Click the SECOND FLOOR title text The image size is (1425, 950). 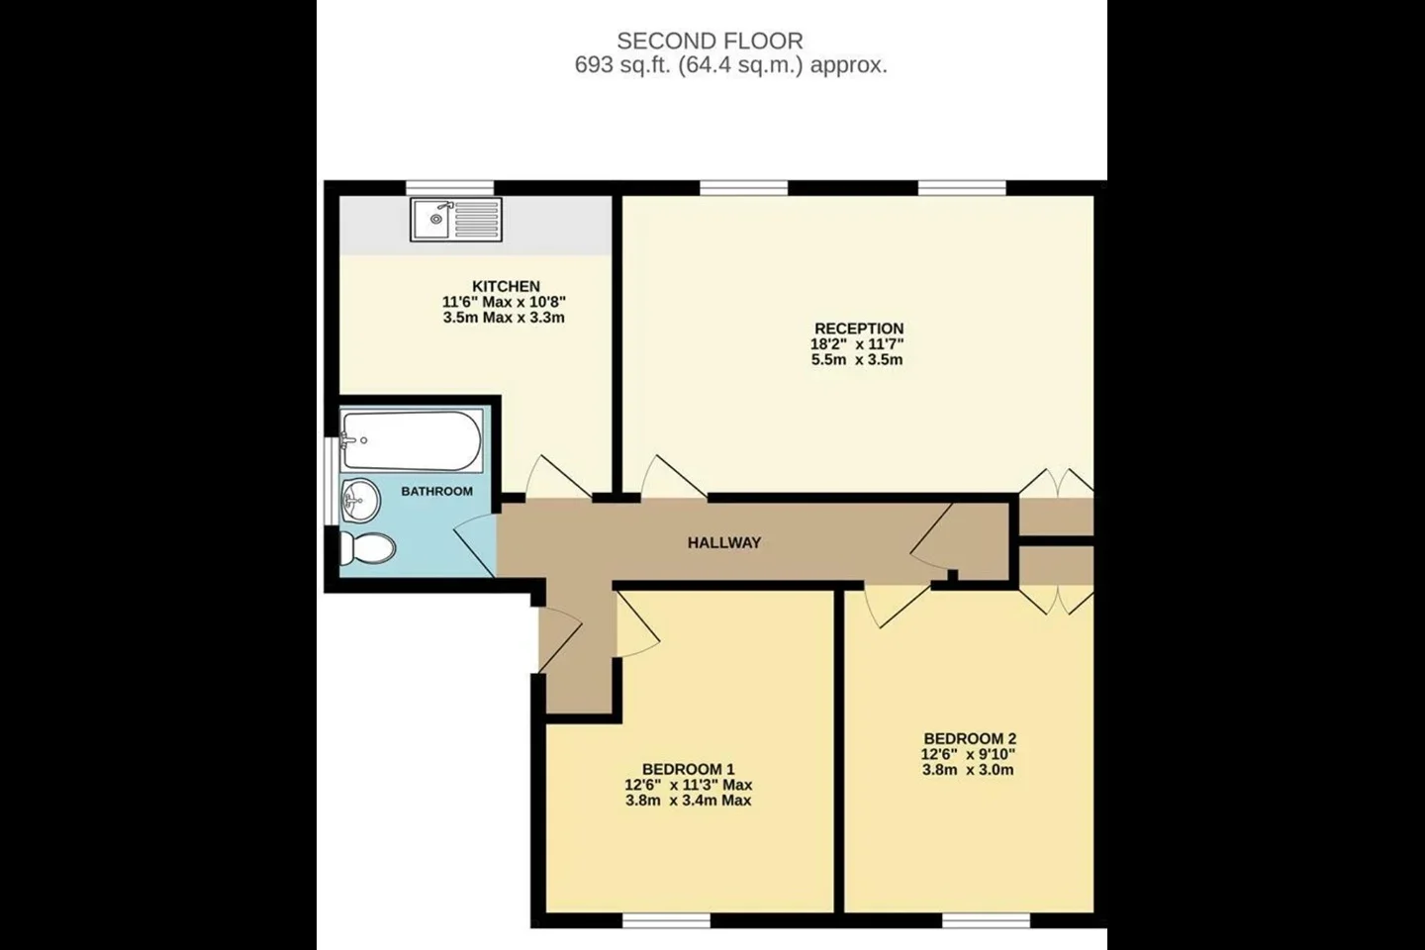pos(710,41)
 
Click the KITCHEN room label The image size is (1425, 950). pos(506,286)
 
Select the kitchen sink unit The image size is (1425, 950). pos(456,220)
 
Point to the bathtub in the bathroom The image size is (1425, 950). pos(412,440)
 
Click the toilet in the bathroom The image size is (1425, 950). pos(368,548)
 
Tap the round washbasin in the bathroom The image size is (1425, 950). pos(360,500)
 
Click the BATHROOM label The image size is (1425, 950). pos(437,491)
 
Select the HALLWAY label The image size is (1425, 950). pos(724,542)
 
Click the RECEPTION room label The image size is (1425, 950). pos(859,329)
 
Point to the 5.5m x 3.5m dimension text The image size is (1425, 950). pos(857,360)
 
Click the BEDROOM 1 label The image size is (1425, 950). pos(689,769)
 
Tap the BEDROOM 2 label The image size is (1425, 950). pos(970,739)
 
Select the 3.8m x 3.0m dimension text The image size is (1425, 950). pos(968,771)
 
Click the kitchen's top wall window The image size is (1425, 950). pos(449,188)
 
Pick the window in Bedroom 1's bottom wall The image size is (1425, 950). pos(666,920)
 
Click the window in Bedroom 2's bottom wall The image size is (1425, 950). pos(986,920)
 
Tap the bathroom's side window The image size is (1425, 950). pos(332,481)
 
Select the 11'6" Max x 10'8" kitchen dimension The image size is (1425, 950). pos(504,302)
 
